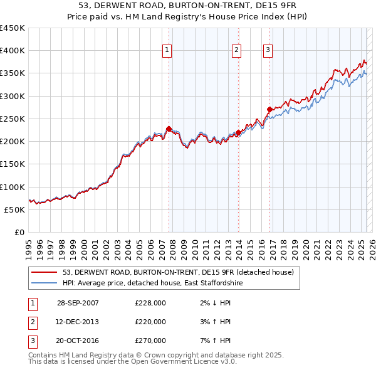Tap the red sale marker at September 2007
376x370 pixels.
coord(169,129)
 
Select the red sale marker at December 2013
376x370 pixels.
coord(238,132)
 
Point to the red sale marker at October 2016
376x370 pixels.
coord(269,110)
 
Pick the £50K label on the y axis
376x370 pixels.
coord(14,210)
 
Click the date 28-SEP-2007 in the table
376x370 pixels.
coord(78,303)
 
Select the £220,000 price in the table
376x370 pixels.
coord(150,322)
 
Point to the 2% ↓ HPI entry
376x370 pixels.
coord(216,303)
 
